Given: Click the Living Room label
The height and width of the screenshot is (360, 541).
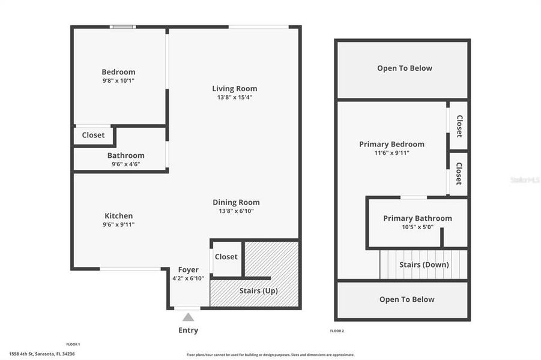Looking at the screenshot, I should pyautogui.click(x=234, y=89).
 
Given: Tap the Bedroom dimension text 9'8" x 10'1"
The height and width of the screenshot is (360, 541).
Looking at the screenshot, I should pyautogui.click(x=118, y=80).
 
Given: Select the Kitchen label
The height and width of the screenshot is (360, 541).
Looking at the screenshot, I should pyautogui.click(x=119, y=216).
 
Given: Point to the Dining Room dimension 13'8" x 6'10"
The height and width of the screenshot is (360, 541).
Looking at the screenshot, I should pyautogui.click(x=236, y=211).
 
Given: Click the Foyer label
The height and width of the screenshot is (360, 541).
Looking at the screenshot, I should pyautogui.click(x=189, y=270).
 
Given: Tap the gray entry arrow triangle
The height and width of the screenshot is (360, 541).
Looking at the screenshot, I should pyautogui.click(x=188, y=317).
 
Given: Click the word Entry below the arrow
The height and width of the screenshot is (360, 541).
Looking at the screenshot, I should pyautogui.click(x=188, y=330).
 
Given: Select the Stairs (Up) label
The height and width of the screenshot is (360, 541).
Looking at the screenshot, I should pyautogui.click(x=258, y=290).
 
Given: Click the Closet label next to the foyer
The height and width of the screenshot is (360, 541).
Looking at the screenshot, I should pyautogui.click(x=226, y=257).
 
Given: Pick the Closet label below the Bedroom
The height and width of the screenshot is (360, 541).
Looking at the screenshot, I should pyautogui.click(x=93, y=136).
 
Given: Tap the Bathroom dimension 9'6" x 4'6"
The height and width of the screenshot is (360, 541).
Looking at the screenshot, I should pyautogui.click(x=125, y=164).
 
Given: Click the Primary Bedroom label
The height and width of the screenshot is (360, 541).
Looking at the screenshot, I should pyautogui.click(x=391, y=144).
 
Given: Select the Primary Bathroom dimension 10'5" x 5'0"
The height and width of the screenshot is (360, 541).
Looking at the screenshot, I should pyautogui.click(x=417, y=227).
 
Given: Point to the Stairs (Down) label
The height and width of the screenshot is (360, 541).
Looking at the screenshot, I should pyautogui.click(x=424, y=265).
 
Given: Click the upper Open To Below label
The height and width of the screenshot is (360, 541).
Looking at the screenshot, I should pyautogui.click(x=404, y=68).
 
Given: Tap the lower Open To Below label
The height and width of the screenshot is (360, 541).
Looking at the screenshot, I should pyautogui.click(x=407, y=299).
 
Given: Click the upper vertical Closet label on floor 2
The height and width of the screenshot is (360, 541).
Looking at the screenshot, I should pyautogui.click(x=459, y=126).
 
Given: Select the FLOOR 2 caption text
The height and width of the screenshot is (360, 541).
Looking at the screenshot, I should pyautogui.click(x=337, y=331).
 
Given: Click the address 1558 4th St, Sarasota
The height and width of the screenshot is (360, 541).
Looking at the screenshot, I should pyautogui.click(x=42, y=354).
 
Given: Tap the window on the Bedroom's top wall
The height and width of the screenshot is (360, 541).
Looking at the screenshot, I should pyautogui.click(x=122, y=26).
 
